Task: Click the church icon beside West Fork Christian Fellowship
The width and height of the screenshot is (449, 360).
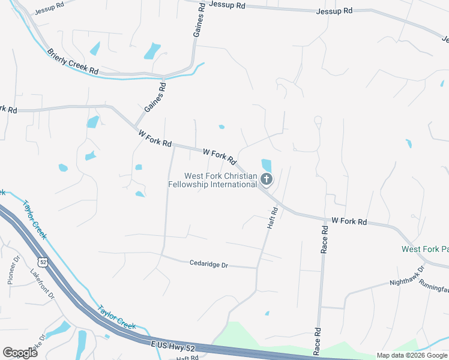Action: (267, 179)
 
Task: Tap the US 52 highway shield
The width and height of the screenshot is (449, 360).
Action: (42, 262)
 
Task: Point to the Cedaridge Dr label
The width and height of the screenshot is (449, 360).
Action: (209, 263)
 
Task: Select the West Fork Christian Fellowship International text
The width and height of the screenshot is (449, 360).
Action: (220, 180)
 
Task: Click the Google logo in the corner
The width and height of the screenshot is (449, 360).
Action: (20, 353)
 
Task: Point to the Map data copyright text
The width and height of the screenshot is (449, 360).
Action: (412, 355)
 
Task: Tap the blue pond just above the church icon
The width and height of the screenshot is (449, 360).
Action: (267, 164)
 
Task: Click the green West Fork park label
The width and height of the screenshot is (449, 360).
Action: (424, 249)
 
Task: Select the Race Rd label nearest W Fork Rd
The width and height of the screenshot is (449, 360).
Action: (324, 239)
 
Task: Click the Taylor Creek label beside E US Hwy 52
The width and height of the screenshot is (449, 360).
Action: (117, 315)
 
